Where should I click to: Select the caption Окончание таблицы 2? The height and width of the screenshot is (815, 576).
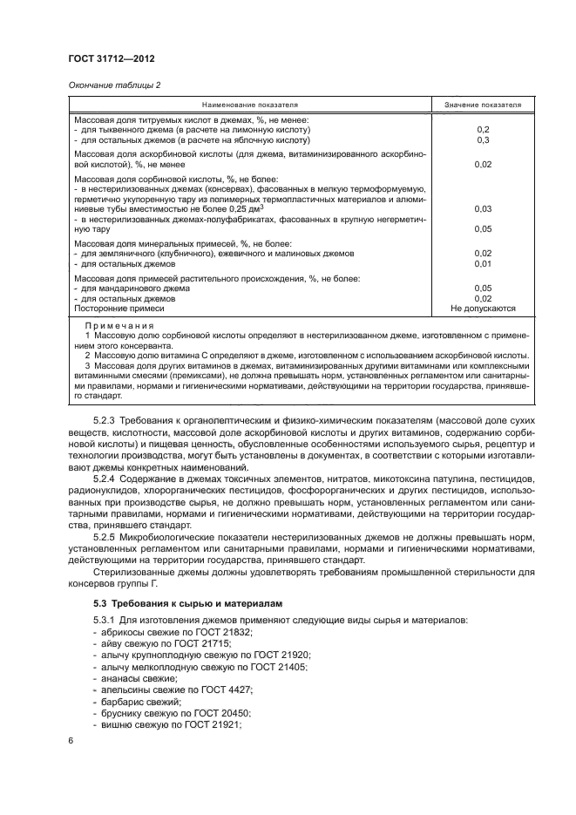pyautogui.click(x=113, y=85)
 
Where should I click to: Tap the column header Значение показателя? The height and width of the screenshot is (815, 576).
pyautogui.click(x=483, y=105)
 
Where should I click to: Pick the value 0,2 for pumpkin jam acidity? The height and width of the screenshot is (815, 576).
pyautogui.click(x=483, y=129)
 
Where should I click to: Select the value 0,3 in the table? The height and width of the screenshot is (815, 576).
pyautogui.click(x=483, y=139)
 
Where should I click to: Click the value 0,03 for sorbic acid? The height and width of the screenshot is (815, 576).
pyautogui.click(x=483, y=209)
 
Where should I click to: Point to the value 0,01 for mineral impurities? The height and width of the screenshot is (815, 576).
pyautogui.click(x=483, y=263)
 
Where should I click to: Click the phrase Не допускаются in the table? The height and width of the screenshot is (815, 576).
pyautogui.click(x=483, y=309)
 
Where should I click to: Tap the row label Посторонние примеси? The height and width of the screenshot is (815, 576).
pyautogui.click(x=119, y=309)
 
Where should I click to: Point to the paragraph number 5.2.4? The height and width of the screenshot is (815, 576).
pyautogui.click(x=105, y=479)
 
